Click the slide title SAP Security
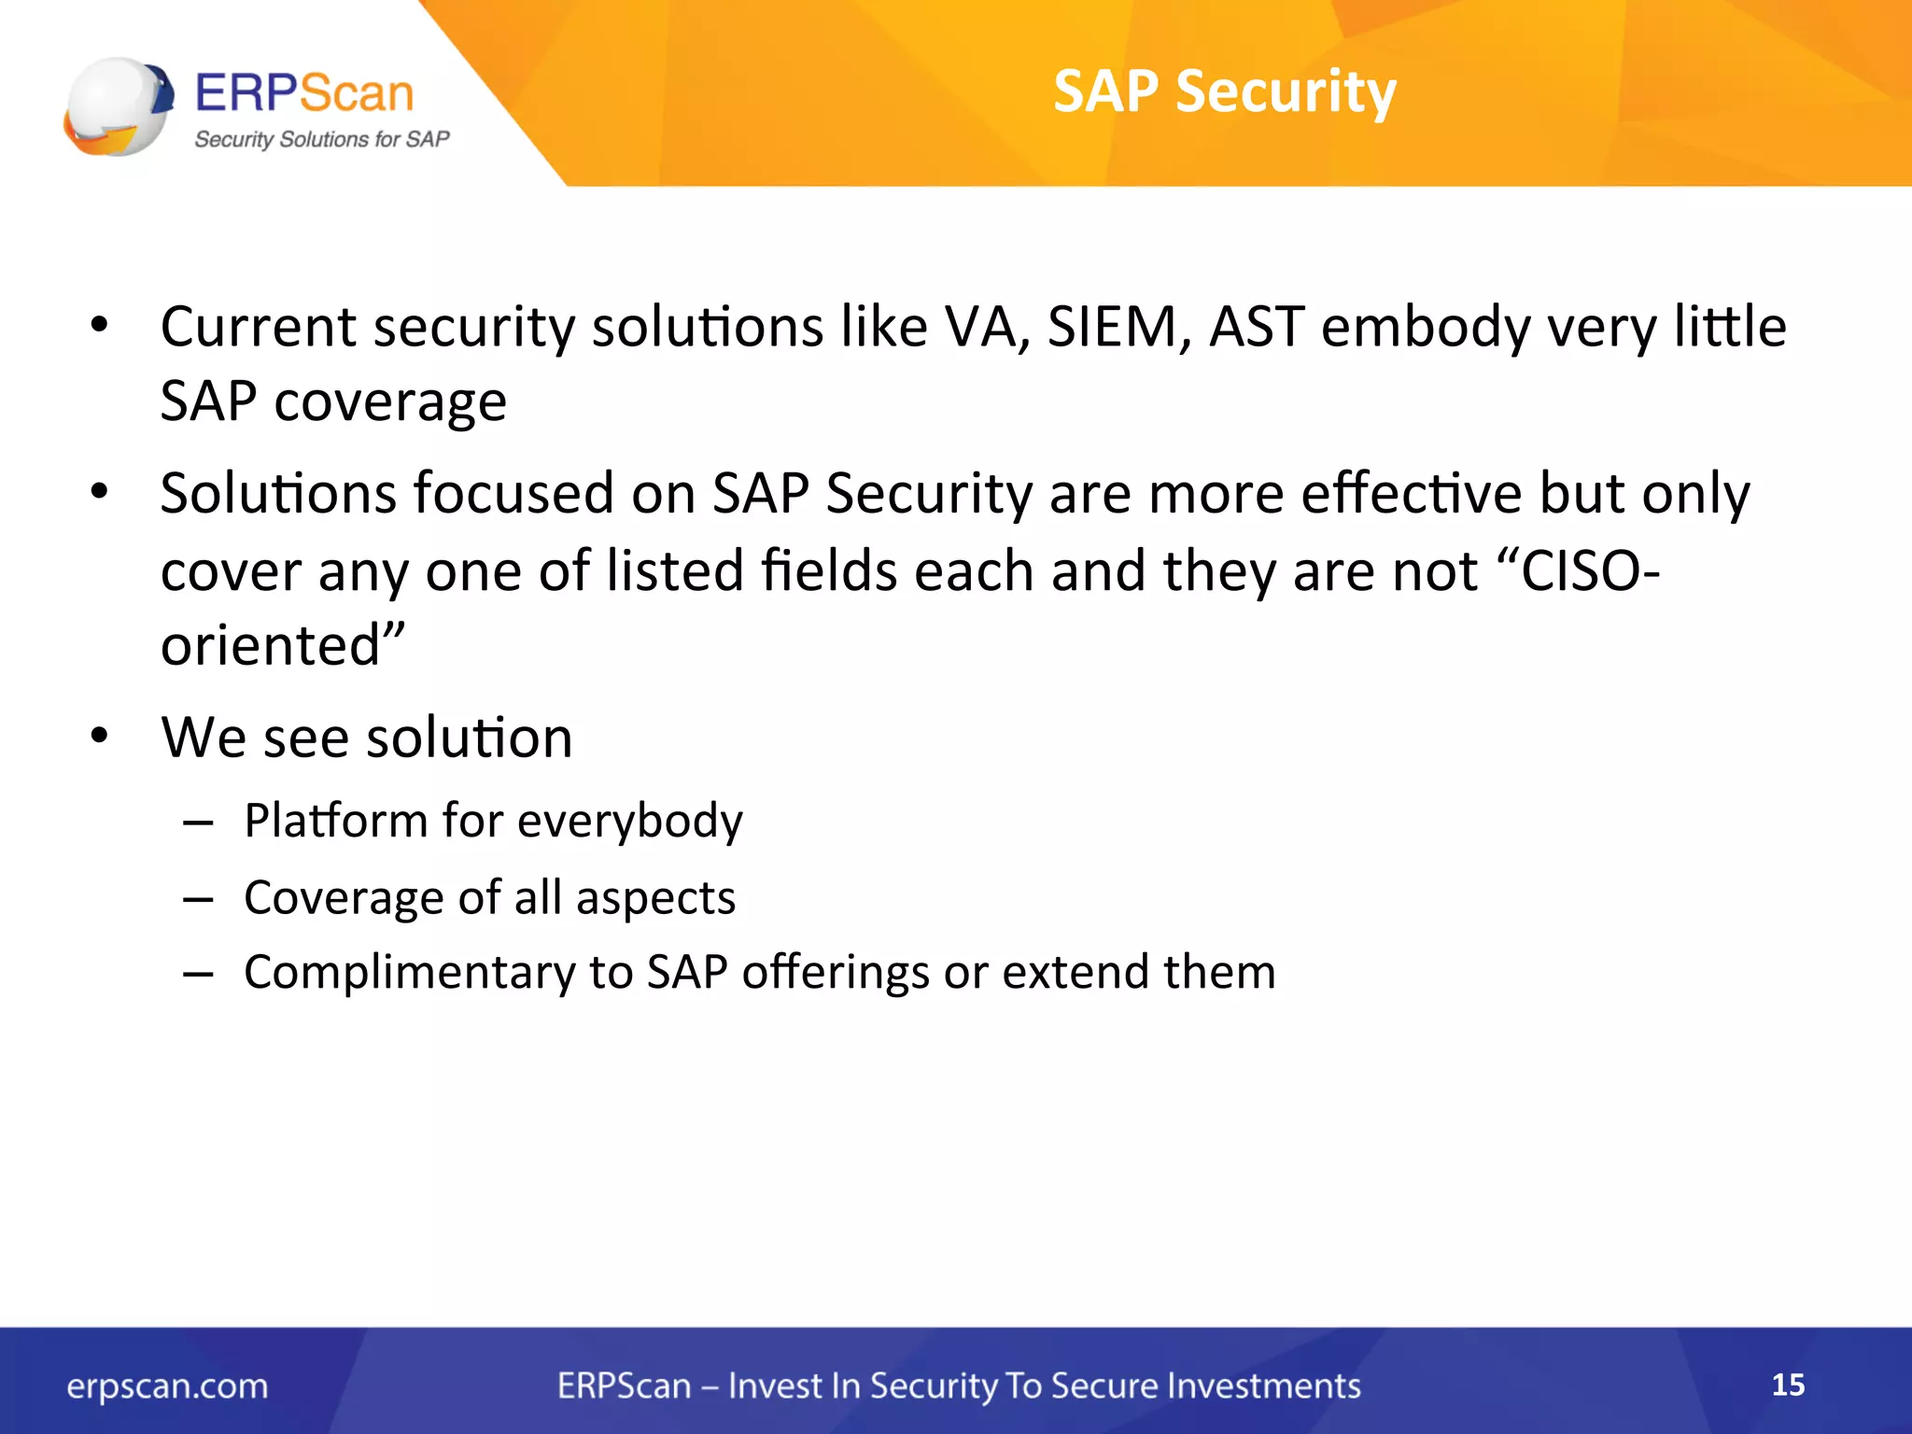click(1224, 91)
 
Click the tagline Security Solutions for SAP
click(321, 139)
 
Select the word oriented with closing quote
click(283, 644)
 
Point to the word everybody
click(630, 822)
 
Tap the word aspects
click(655, 899)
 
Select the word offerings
click(836, 973)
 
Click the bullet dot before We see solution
click(100, 736)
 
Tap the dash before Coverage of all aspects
click(199, 898)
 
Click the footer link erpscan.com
click(167, 1385)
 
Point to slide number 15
click(1788, 1385)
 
